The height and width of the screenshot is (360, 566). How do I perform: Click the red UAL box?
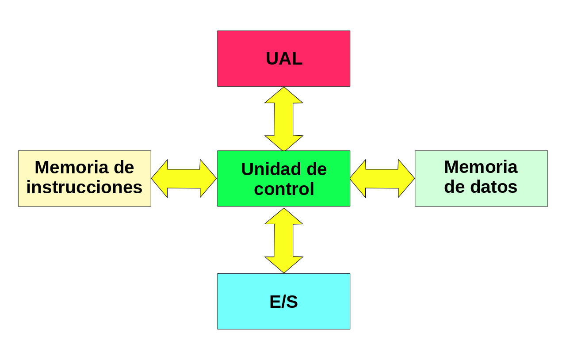click(x=283, y=59)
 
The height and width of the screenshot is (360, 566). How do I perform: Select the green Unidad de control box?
click(x=283, y=179)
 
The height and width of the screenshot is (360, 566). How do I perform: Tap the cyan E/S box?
click(x=283, y=301)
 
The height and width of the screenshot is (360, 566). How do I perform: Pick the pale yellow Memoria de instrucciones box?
click(x=84, y=179)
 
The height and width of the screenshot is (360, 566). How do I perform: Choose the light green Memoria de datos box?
click(x=482, y=179)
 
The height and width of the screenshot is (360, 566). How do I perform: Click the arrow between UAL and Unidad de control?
click(x=284, y=119)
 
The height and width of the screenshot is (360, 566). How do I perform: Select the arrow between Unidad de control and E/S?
click(x=284, y=241)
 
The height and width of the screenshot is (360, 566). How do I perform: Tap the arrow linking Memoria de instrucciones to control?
click(x=184, y=179)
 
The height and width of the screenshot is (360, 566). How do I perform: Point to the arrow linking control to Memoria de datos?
click(x=382, y=179)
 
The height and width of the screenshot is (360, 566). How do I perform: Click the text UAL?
click(x=284, y=59)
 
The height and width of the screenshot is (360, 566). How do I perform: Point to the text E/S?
click(x=284, y=302)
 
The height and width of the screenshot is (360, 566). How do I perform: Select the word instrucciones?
click(x=84, y=187)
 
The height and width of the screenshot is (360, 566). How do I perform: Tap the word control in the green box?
click(x=284, y=189)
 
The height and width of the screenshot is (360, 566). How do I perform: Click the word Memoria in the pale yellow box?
click(x=72, y=167)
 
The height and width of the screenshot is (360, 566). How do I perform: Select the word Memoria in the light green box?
click(x=481, y=167)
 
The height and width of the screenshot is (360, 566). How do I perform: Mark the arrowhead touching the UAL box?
click(x=284, y=95)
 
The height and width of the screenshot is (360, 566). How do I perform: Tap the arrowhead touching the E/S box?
click(x=284, y=265)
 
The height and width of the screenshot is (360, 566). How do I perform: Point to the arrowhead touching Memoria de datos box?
click(x=406, y=179)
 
